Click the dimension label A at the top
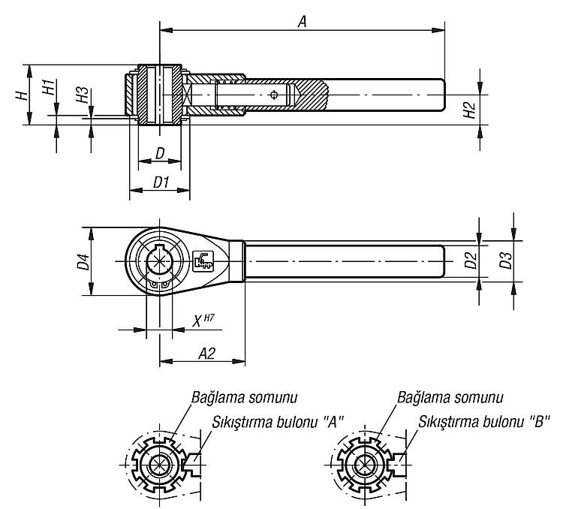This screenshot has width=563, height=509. (303, 22)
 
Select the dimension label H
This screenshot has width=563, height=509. (22, 95)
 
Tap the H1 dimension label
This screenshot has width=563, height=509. (49, 87)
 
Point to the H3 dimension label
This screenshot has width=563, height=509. (83, 95)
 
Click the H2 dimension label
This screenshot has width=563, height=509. (470, 110)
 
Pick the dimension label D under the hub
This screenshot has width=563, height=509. (160, 153)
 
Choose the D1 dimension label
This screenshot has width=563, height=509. (161, 182)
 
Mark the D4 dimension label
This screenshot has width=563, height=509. (83, 261)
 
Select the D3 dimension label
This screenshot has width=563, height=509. (505, 261)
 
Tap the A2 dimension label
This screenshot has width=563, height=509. (207, 354)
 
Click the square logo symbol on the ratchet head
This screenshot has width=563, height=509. (203, 260)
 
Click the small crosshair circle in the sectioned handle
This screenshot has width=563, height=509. (274, 95)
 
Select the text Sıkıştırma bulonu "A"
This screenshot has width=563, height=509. (278, 422)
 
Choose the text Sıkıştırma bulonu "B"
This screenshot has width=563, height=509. (484, 422)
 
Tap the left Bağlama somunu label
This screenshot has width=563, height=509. (244, 398)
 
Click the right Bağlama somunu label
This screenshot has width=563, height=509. (450, 398)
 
